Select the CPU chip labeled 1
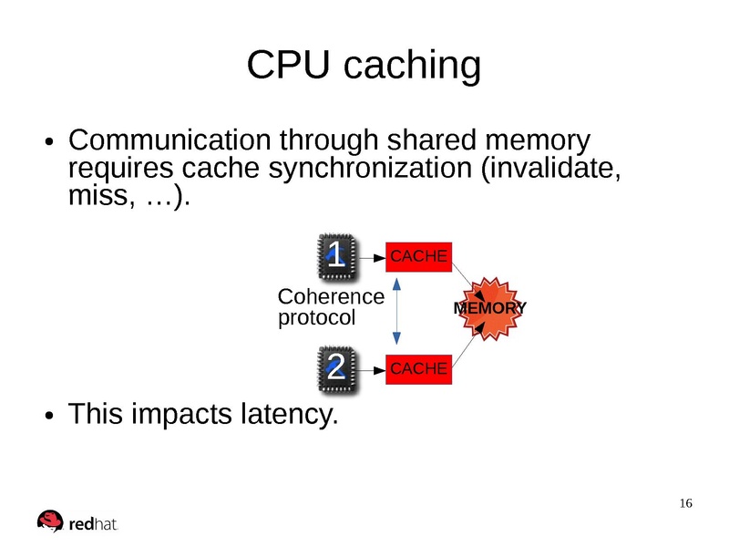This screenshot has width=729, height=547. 335,257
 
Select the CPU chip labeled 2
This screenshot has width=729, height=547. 335,368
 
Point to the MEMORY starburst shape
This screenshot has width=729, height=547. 489,309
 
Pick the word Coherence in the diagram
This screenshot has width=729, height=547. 330,297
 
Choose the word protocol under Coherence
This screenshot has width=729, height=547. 315,318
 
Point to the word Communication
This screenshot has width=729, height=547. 169,141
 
